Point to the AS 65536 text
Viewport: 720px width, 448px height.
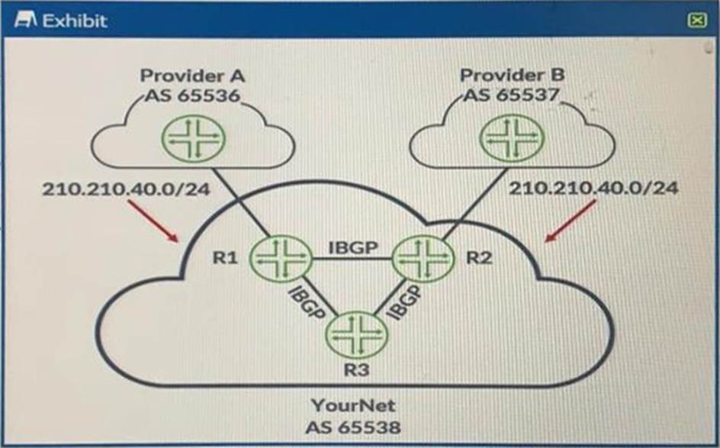click(x=192, y=96)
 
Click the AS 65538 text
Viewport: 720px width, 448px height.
click(x=354, y=427)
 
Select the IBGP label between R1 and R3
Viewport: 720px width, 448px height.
click(x=307, y=305)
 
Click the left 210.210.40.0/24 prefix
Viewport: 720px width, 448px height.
click(x=127, y=188)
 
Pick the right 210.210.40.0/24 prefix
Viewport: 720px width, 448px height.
click(x=593, y=188)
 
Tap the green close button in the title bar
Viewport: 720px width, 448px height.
click(x=696, y=21)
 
